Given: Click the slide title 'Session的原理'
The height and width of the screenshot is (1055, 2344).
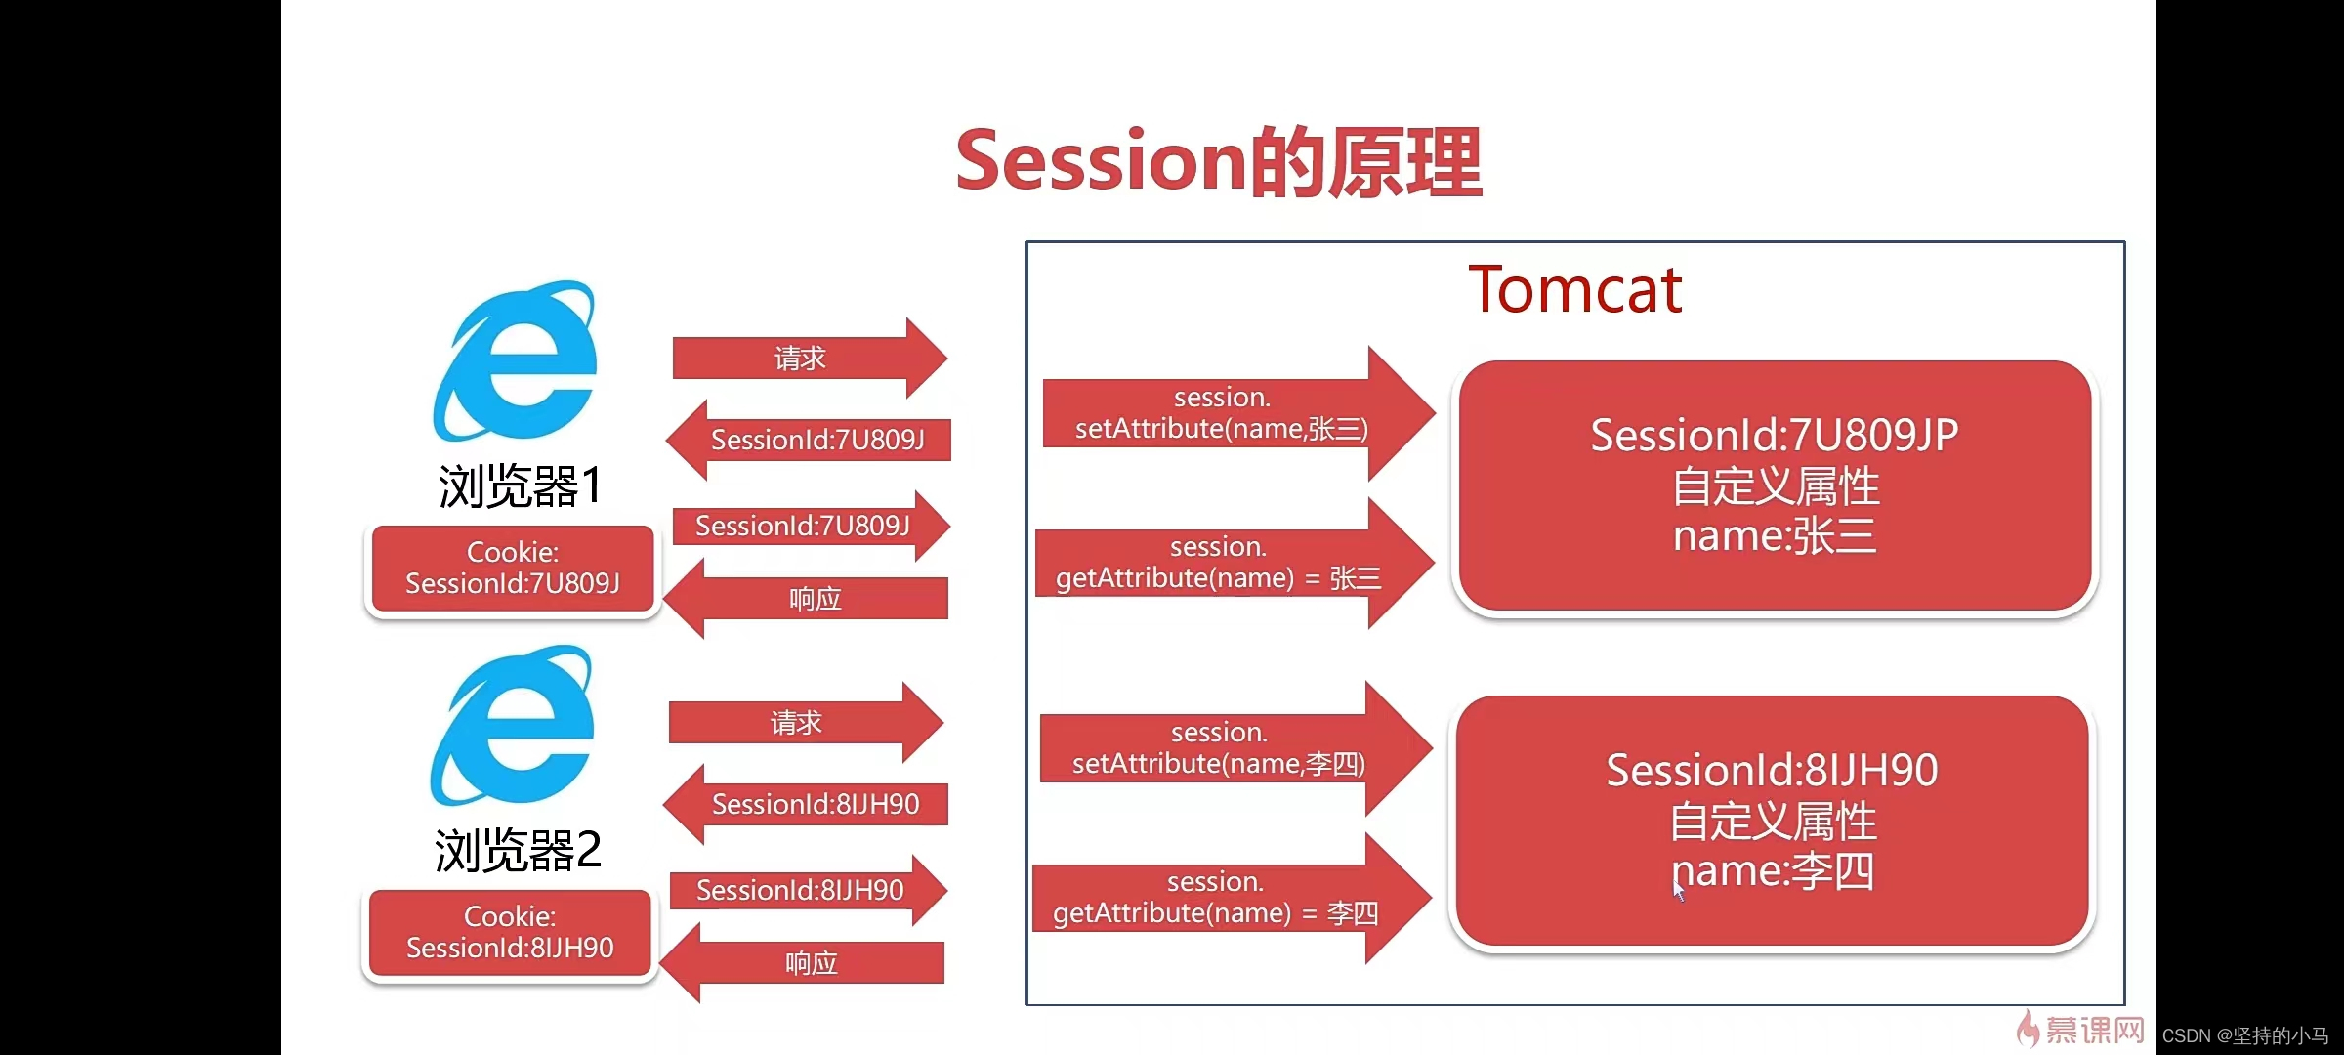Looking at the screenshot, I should pyautogui.click(x=1218, y=162).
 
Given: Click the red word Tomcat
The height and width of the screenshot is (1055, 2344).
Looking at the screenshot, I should pyautogui.click(x=1574, y=290).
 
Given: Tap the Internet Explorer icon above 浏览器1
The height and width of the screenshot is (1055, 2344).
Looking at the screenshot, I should pyautogui.click(x=515, y=361).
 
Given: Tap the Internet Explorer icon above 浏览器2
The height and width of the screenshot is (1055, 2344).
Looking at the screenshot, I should pyautogui.click(x=512, y=726).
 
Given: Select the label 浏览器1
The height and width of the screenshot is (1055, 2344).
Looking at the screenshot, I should pyautogui.click(x=520, y=485).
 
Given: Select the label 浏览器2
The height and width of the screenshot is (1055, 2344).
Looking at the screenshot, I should pyautogui.click(x=518, y=850).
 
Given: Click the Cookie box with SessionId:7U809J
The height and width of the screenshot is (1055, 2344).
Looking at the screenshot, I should pyautogui.click(x=513, y=569).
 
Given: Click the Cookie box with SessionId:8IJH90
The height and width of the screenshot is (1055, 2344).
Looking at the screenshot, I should pyautogui.click(x=510, y=933).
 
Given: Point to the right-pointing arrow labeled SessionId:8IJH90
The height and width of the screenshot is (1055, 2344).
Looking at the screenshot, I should pyautogui.click(x=801, y=890).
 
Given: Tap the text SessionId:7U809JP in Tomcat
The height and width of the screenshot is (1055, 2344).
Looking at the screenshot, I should pyautogui.click(x=1774, y=435).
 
